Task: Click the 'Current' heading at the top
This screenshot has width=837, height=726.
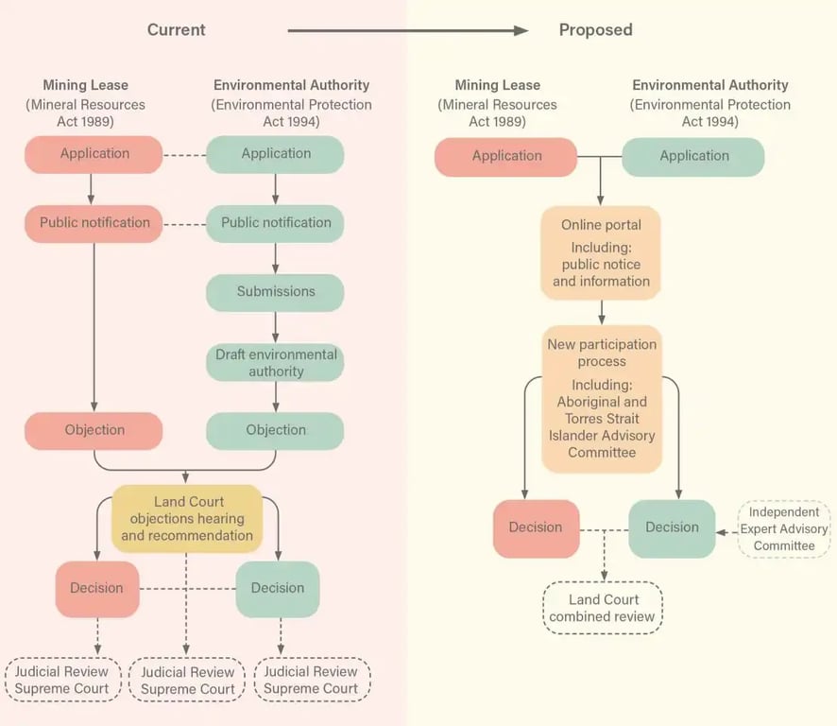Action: (177, 30)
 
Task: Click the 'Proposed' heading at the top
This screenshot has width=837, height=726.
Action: (595, 30)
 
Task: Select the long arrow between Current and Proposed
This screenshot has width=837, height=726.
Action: (407, 31)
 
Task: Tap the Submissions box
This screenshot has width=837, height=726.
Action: (275, 292)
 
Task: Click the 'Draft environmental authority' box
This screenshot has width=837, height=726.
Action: (275, 363)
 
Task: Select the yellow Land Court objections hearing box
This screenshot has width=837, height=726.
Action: (187, 518)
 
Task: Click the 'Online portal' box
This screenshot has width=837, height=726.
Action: (601, 253)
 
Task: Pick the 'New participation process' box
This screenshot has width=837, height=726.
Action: (602, 399)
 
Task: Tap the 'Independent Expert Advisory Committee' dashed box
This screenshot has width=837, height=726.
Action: (783, 529)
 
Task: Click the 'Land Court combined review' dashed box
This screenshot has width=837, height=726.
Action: (603, 608)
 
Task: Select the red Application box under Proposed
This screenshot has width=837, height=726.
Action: (506, 157)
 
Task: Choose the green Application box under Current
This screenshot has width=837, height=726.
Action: (275, 154)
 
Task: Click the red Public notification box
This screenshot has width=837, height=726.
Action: (94, 223)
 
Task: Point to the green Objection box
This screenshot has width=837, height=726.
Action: (275, 430)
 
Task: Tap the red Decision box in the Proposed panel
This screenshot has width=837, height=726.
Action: (536, 528)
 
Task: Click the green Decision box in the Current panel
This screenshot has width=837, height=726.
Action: (278, 588)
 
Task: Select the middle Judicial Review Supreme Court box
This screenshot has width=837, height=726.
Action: (187, 680)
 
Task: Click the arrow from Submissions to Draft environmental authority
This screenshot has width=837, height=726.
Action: (275, 327)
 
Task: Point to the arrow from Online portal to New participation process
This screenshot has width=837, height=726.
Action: (602, 312)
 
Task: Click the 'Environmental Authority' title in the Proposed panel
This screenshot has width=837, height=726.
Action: (709, 85)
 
